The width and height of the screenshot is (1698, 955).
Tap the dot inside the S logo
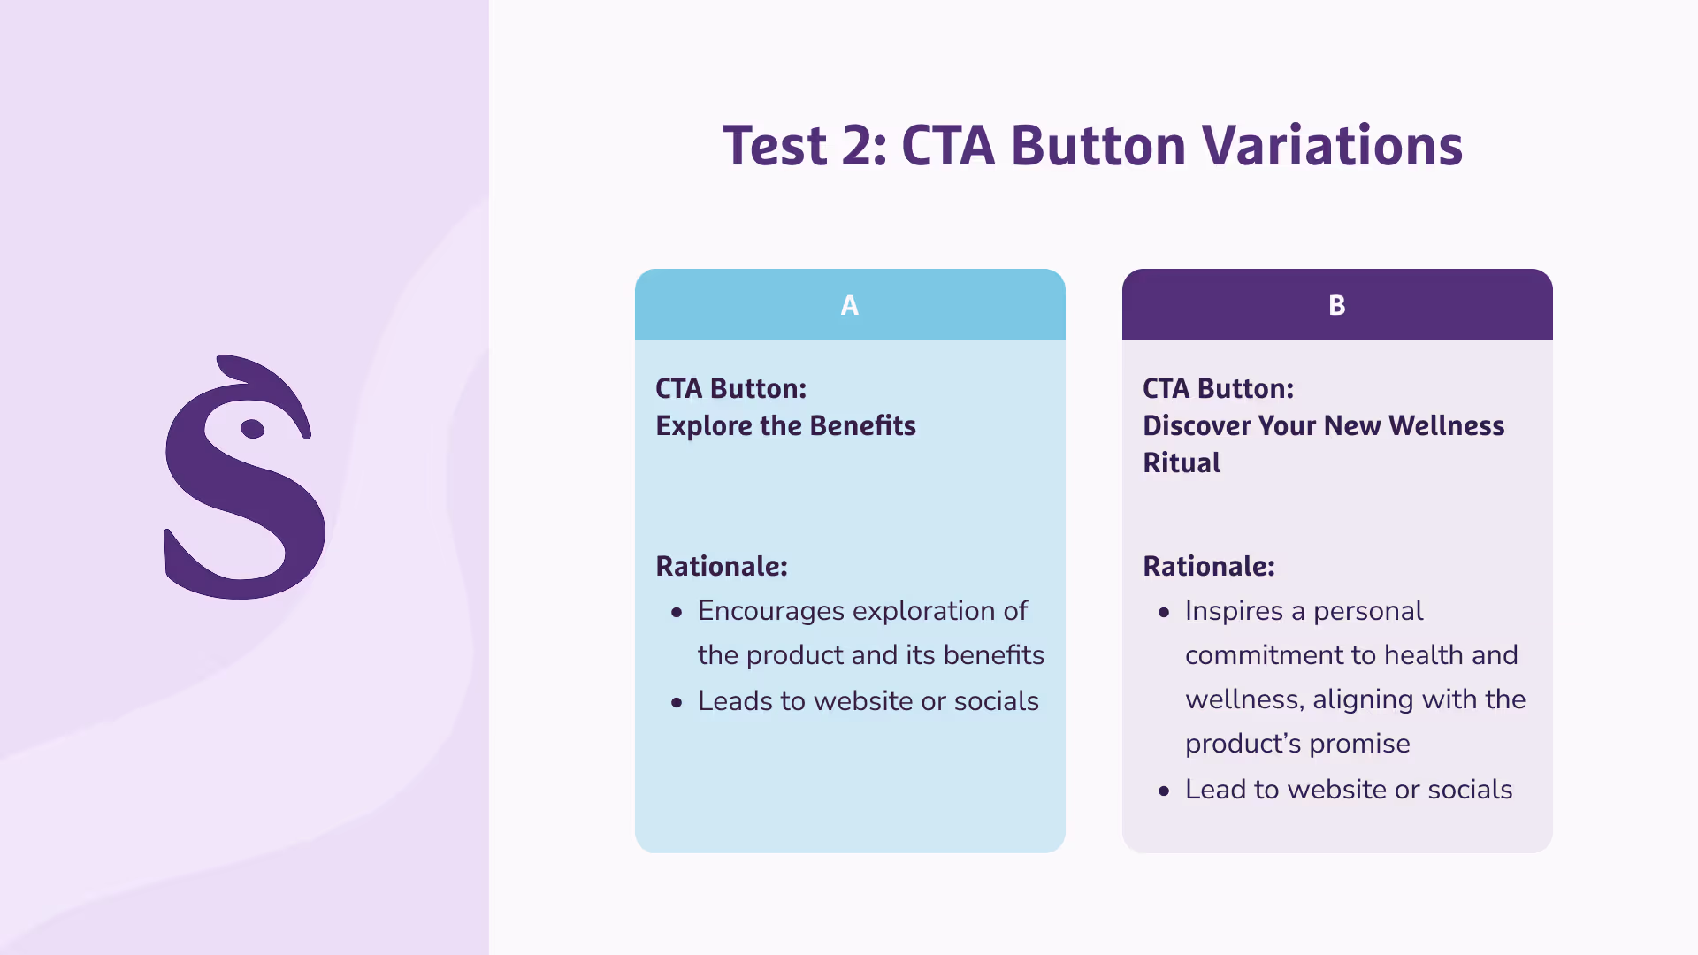point(252,429)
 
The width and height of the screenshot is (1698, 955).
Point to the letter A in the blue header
point(850,305)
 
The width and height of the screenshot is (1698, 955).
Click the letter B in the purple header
point(1337,305)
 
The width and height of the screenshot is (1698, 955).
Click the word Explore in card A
point(704,426)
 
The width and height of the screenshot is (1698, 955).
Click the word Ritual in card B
point(1182,462)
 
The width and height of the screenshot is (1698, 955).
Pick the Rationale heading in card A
point(722,566)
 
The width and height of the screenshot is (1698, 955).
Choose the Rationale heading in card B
point(1209,566)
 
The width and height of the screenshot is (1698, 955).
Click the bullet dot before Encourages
point(677,612)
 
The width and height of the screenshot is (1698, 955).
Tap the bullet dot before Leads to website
point(677,702)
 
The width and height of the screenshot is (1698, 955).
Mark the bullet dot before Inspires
point(1164,612)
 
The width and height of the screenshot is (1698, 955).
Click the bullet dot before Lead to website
point(1164,791)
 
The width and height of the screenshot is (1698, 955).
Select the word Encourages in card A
point(771,612)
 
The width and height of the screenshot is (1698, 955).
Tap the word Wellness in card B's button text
point(1446,425)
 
